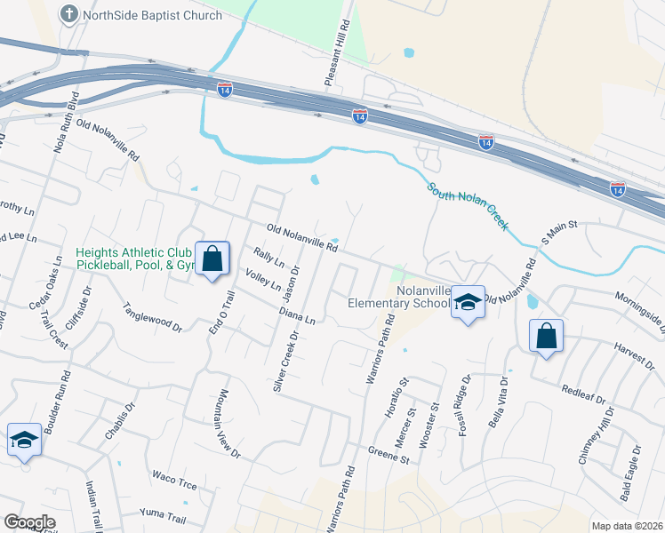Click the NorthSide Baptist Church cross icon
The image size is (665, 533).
coord(69,14)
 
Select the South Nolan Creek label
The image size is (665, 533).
coord(467,206)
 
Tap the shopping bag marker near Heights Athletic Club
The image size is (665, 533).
coord(212,259)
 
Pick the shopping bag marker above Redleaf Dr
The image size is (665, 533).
coord(546,337)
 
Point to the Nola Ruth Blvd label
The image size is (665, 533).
coord(66,119)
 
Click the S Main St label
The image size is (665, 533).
coord(560,234)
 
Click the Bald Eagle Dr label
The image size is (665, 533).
coord(637,480)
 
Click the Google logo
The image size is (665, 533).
coord(29,522)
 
